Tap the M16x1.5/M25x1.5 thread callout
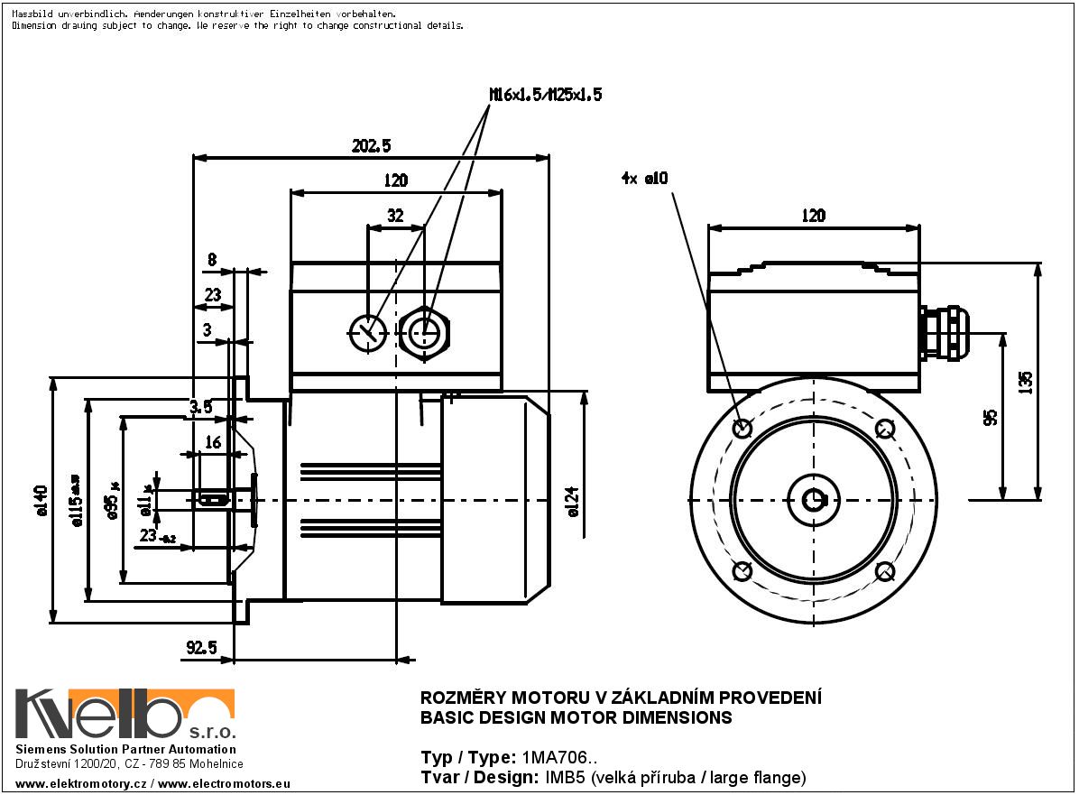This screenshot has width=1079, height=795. point(544,94)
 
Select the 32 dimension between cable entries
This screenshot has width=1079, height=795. point(395,217)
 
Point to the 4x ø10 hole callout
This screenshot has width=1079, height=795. point(644,179)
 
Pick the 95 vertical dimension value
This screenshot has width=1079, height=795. point(991,417)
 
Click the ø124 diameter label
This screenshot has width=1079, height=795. point(571,502)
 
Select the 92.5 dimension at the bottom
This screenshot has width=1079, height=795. point(201,647)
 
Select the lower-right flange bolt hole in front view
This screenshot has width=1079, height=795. point(884,571)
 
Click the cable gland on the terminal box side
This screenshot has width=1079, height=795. point(944,333)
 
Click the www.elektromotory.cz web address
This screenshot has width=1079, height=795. point(81,784)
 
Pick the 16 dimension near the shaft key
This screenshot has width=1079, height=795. point(213,442)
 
